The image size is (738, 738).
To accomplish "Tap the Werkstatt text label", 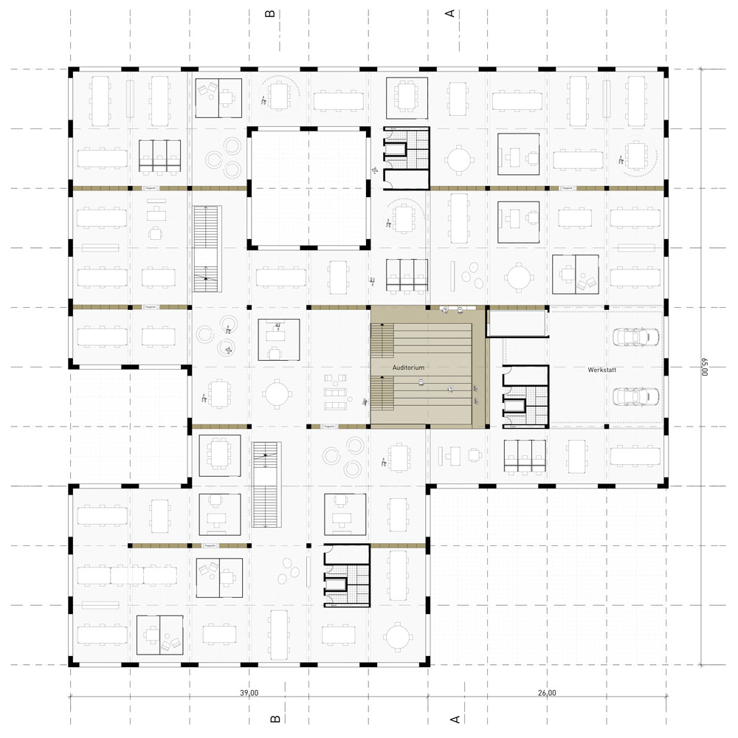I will [603, 368].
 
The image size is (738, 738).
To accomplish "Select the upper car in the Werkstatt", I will [634, 337].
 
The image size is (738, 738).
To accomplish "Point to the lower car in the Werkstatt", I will [634, 396].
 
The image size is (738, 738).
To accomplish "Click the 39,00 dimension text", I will [249, 693].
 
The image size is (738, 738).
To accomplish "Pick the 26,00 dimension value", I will [547, 693].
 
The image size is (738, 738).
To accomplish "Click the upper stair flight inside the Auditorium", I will [381, 340].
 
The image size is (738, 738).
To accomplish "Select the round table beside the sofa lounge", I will [278, 393].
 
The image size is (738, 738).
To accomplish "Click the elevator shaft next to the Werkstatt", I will [514, 404].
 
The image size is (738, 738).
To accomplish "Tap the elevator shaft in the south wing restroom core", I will [337, 586].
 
